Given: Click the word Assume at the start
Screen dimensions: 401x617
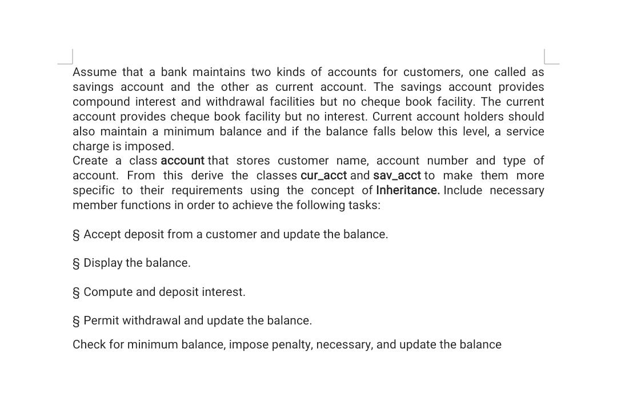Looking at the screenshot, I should point(94,72).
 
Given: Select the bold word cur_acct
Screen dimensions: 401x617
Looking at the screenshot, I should point(323,175).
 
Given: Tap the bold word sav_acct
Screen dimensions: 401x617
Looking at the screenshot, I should point(396,175).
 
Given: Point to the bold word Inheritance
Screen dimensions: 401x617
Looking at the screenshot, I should point(407,190).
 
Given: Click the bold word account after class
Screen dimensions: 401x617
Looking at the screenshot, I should point(182,161).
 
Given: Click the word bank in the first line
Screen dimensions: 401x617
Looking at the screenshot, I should point(174,72).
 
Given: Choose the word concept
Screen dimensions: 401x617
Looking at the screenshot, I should point(333,190).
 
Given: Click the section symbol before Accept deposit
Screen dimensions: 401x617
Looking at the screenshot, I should point(76,235).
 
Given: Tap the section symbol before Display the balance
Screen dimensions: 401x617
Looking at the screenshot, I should point(76,263).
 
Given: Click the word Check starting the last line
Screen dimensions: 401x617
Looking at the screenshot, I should point(89,344).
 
